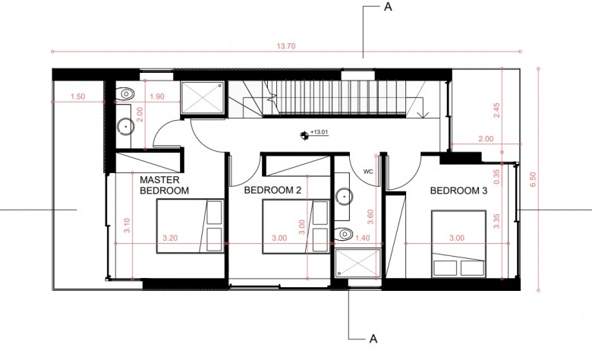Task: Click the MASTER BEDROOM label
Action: [164, 185]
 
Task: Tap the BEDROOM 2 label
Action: [272, 190]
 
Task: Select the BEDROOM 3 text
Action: [458, 191]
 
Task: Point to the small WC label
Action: [368, 172]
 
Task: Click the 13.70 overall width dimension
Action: [286, 46]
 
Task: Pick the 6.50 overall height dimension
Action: [533, 179]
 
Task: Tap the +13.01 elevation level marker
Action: [314, 134]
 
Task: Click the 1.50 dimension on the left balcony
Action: [77, 96]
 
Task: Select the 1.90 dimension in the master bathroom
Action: [156, 96]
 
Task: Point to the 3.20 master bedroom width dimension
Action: [170, 238]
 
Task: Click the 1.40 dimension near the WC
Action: [363, 238]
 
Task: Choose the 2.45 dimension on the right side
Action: [496, 110]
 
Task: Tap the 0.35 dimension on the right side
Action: [496, 176]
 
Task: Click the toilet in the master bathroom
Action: [124, 93]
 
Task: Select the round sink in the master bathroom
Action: [125, 127]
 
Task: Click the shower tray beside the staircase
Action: [203, 97]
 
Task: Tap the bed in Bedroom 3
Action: [458, 244]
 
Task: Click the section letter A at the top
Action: [388, 7]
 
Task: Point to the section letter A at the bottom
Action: [373, 339]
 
